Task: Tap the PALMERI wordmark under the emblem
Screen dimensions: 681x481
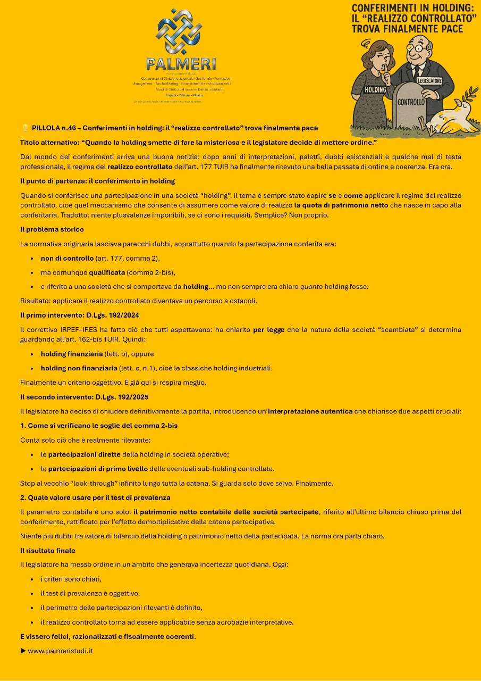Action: [x=181, y=64]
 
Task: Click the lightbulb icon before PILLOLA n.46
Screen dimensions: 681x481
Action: [x=24, y=128]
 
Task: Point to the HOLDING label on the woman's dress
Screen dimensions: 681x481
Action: [x=375, y=90]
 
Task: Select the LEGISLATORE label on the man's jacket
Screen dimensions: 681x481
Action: [x=429, y=81]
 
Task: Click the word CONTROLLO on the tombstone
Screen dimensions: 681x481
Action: [x=411, y=102]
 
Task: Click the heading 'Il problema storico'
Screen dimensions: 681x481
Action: [x=52, y=229]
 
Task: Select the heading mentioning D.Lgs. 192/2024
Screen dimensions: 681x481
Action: [x=80, y=315]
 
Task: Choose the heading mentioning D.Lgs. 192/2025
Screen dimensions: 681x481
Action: [x=84, y=397]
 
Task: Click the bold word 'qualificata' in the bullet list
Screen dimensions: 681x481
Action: [x=107, y=272]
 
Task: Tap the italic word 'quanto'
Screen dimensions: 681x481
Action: [x=311, y=286]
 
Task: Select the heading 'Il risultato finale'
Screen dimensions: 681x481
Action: [x=48, y=550]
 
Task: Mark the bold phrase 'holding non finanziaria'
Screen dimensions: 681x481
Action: [x=79, y=368]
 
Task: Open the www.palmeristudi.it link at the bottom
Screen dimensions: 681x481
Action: [x=60, y=650]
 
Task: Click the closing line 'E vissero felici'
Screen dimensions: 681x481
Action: [x=108, y=636]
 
